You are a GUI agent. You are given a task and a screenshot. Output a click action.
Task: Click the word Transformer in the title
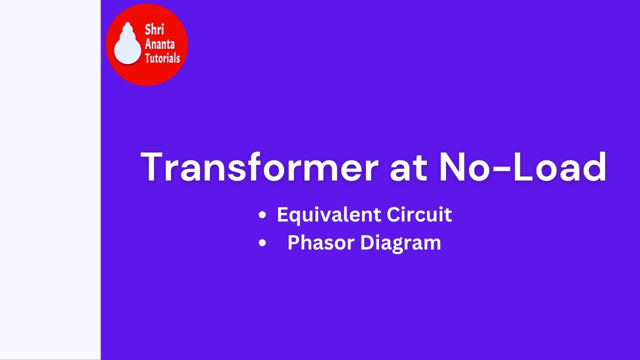pos(259,167)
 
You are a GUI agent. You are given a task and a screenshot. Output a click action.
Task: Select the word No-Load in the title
pos(522,167)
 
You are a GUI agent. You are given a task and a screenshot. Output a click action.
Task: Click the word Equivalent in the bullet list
pos(322,215)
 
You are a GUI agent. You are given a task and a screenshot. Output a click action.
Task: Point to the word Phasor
pos(320,243)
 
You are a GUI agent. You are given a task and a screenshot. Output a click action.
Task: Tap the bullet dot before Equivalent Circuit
pos(262,215)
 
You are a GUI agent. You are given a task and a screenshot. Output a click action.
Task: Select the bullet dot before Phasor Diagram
pos(262,243)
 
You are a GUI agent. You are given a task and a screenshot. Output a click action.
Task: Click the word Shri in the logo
pos(154,29)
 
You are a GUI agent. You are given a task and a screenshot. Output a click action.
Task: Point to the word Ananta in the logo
pos(159,43)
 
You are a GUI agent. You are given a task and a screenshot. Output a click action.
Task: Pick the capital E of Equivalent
pos(282,215)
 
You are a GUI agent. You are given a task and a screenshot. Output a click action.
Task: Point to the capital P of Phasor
pos(293,243)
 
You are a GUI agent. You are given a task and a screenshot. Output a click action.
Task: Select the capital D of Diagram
pos(366,243)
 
